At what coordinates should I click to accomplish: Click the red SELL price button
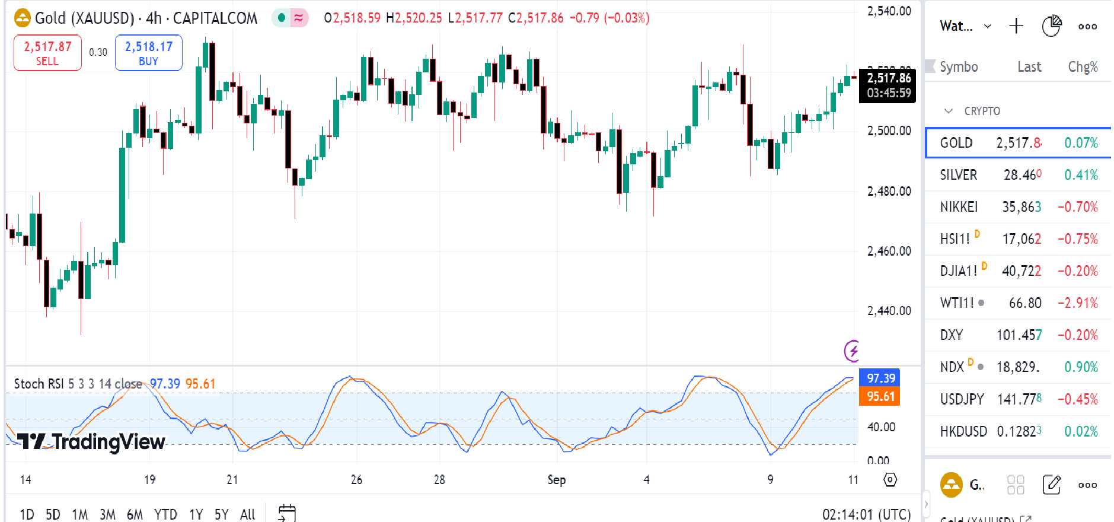click(x=47, y=53)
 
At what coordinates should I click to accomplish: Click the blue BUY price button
click(x=148, y=53)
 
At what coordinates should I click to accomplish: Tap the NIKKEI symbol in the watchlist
click(x=959, y=207)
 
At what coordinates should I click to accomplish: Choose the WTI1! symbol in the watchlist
click(x=956, y=303)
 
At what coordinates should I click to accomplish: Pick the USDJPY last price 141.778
click(x=1019, y=399)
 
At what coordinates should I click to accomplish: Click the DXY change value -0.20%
click(x=1077, y=335)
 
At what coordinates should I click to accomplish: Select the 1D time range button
click(x=27, y=514)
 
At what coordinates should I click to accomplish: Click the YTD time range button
click(x=165, y=514)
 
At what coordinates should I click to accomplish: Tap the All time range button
click(x=247, y=514)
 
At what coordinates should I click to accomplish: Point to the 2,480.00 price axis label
click(x=889, y=191)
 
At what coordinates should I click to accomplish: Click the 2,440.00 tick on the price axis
click(x=889, y=311)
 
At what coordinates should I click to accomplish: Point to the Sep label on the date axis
click(x=556, y=480)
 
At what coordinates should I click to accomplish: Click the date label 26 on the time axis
click(x=356, y=480)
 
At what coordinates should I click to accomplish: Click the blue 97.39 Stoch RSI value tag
click(x=880, y=378)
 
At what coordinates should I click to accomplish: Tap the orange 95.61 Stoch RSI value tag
click(x=880, y=396)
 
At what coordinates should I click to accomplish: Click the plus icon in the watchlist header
click(x=1016, y=26)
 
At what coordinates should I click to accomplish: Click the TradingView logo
click(x=91, y=442)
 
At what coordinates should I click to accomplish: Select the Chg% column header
click(x=1083, y=67)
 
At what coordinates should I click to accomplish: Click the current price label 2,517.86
click(x=888, y=78)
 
